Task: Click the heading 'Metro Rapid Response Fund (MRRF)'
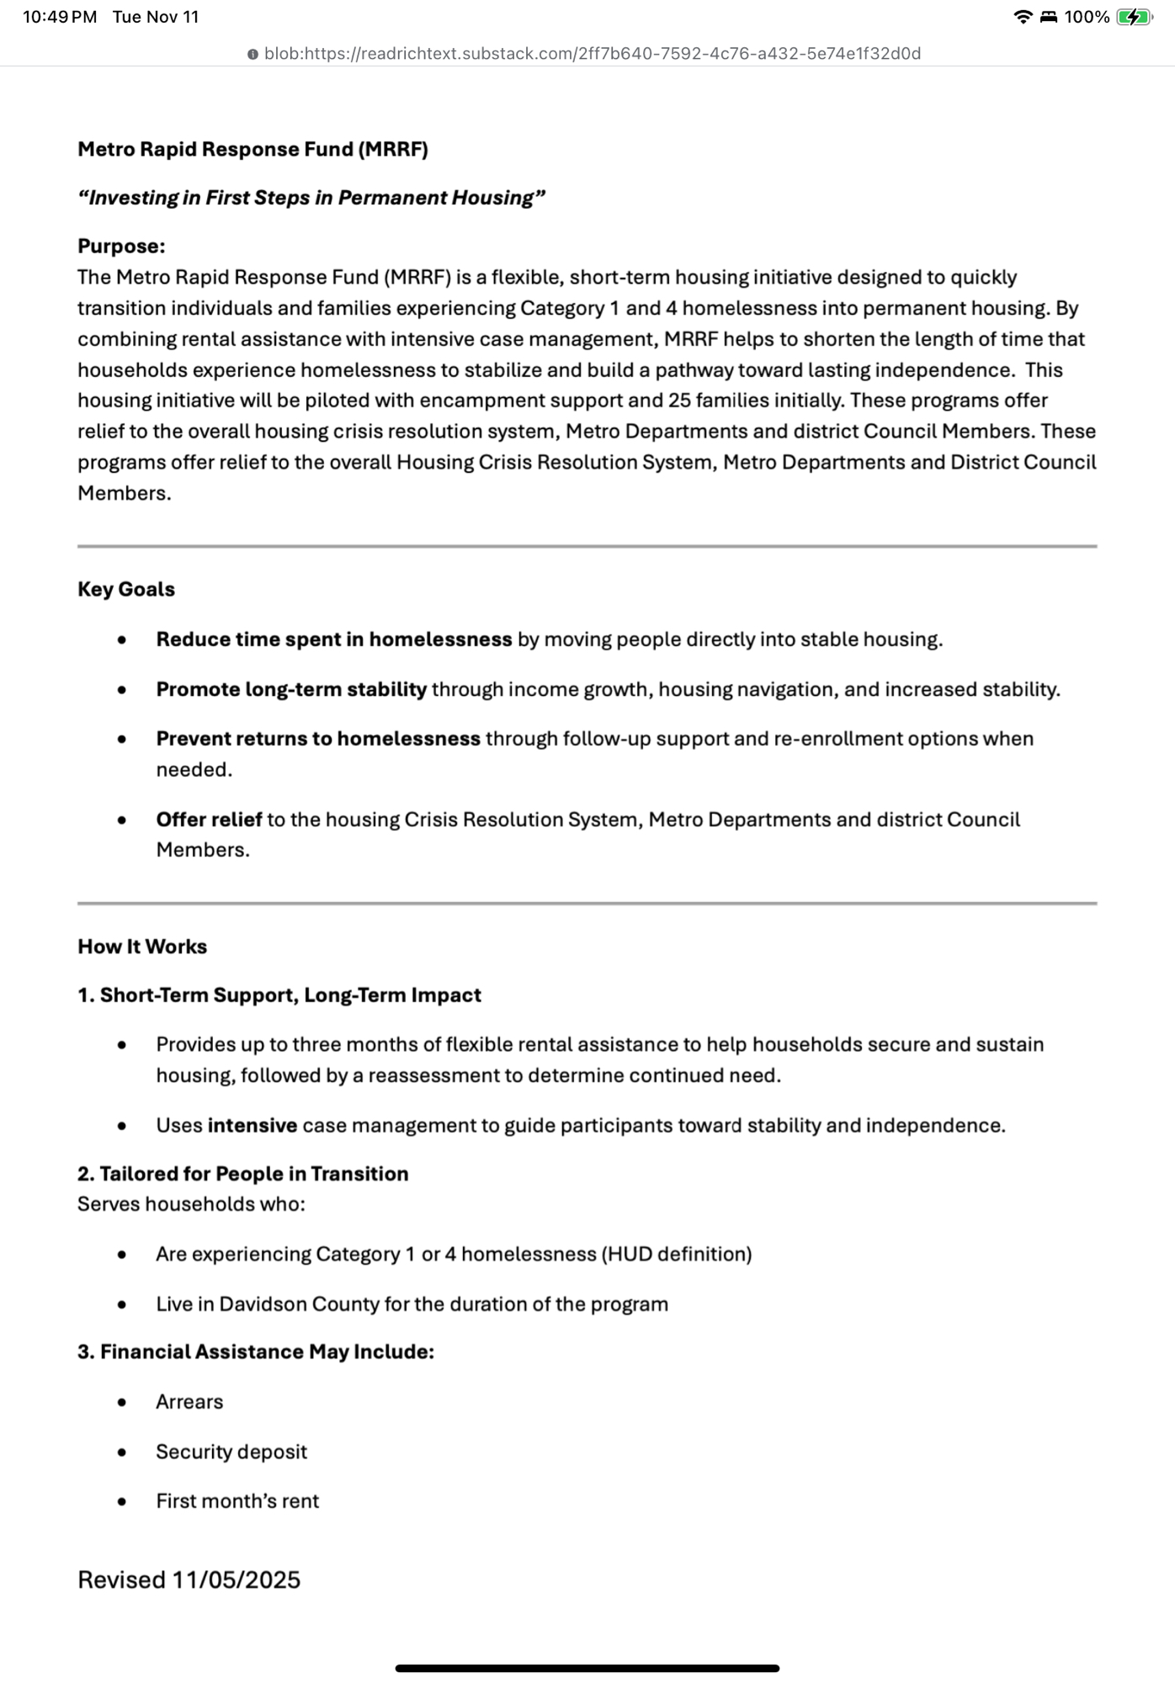point(253,149)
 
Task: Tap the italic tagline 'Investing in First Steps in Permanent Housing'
point(311,198)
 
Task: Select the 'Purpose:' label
point(121,246)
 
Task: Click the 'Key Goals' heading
point(126,589)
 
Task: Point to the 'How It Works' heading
point(142,946)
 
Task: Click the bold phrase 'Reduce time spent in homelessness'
point(333,640)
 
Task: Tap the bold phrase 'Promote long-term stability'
point(291,689)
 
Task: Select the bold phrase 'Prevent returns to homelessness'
point(317,739)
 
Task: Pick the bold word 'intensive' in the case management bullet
point(252,1125)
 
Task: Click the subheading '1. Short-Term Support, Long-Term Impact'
point(279,995)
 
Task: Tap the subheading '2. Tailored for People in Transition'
point(242,1173)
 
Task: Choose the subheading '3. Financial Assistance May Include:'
point(256,1351)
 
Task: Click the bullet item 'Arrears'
point(189,1402)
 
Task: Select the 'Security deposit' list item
point(231,1452)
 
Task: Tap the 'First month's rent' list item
point(237,1501)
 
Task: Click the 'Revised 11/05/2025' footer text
point(189,1579)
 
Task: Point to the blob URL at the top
point(592,54)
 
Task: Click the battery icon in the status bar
point(1133,17)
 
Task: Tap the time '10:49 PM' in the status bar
point(60,17)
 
